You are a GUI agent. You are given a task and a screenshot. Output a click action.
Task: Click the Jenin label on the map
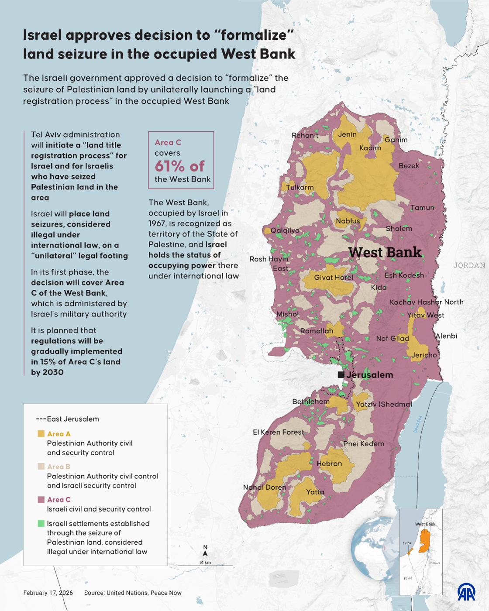point(347,134)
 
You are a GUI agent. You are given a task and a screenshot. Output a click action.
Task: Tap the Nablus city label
point(348,221)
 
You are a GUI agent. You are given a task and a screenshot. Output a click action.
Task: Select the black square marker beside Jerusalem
point(341,375)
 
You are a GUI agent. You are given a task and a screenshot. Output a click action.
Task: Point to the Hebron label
point(329,463)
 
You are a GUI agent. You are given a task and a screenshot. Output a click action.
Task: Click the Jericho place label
point(424,355)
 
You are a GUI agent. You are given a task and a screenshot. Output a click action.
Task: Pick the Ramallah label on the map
point(317,331)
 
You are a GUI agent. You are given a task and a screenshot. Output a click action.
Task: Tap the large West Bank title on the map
point(385,252)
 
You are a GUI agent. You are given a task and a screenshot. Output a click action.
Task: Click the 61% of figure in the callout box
point(179,166)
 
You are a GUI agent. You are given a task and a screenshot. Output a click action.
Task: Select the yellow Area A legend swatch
point(41,434)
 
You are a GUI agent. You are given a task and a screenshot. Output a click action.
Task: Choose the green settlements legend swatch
point(41,523)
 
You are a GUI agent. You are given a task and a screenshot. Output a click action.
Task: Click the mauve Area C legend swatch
point(41,500)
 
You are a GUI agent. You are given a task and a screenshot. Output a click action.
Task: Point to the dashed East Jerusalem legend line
point(41,419)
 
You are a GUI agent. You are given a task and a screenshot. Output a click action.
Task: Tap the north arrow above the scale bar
point(205,553)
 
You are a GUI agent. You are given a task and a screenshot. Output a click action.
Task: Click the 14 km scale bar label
point(205,562)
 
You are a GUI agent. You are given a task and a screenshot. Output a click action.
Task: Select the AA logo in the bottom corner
point(466,592)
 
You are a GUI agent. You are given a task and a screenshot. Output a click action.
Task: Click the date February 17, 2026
point(48,593)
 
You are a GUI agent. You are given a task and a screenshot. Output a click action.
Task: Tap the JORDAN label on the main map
point(469,265)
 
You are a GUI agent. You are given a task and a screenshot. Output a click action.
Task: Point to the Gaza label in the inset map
point(407,543)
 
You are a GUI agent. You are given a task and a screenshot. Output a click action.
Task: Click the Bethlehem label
point(311,402)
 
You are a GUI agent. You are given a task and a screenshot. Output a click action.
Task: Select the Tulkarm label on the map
point(300,187)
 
